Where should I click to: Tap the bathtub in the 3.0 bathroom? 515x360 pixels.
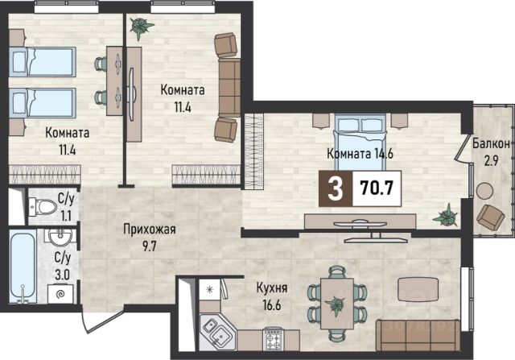point(23,266)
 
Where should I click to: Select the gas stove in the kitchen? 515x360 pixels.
point(274,339)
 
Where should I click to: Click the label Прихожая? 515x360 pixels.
point(150,230)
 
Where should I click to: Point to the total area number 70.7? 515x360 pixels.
point(377,188)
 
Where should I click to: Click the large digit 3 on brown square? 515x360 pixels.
point(336,189)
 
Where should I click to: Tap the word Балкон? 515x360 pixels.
point(491,143)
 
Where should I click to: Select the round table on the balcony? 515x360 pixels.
point(484,191)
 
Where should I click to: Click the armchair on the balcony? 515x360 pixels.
point(491,217)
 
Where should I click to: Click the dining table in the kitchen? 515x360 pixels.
point(337,304)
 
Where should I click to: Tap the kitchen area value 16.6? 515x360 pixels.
point(272,305)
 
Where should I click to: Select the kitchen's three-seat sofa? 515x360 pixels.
point(418,335)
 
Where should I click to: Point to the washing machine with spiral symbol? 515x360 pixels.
point(60,294)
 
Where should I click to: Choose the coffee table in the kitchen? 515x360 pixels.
point(418,289)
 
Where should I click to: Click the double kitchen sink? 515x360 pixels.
point(216,331)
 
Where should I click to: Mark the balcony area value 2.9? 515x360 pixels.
point(491,161)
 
